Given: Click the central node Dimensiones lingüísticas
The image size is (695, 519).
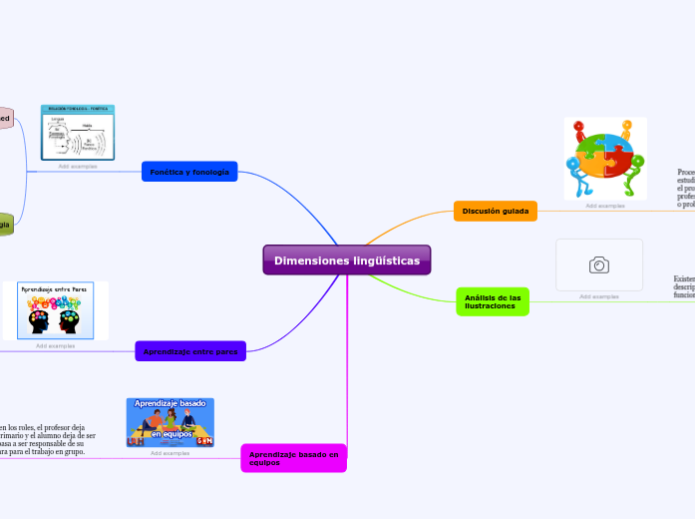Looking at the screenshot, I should (x=347, y=260).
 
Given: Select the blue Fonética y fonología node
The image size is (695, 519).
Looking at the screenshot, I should (x=189, y=172).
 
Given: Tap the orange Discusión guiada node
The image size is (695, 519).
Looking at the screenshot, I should (x=496, y=211).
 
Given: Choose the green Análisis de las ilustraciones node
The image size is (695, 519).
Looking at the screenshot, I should (x=493, y=301).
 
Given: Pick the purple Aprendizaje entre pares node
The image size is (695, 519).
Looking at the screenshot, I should (x=190, y=351).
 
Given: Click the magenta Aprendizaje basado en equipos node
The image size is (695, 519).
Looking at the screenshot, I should (x=293, y=458).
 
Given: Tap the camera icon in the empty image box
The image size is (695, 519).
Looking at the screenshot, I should (x=599, y=264).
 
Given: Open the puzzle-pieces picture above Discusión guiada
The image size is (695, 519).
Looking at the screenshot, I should (x=605, y=159).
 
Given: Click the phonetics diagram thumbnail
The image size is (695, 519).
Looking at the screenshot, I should (x=78, y=133).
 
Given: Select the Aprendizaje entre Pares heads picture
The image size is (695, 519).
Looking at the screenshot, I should (x=56, y=310).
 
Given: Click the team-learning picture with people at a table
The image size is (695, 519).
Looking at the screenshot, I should (x=171, y=421).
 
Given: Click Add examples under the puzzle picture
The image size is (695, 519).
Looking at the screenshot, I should (x=605, y=206).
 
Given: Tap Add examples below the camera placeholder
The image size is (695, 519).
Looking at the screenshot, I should (x=599, y=296).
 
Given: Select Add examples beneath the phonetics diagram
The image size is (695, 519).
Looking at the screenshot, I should (x=78, y=166).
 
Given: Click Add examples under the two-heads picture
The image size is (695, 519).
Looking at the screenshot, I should (x=56, y=345).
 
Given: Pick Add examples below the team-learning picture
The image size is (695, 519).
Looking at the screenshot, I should (x=171, y=453).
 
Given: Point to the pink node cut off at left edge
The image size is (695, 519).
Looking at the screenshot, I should (x=5, y=118).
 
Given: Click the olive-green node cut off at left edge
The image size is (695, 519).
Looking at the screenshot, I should (x=5, y=225).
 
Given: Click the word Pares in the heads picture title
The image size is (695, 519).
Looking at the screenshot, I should (x=76, y=287).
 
